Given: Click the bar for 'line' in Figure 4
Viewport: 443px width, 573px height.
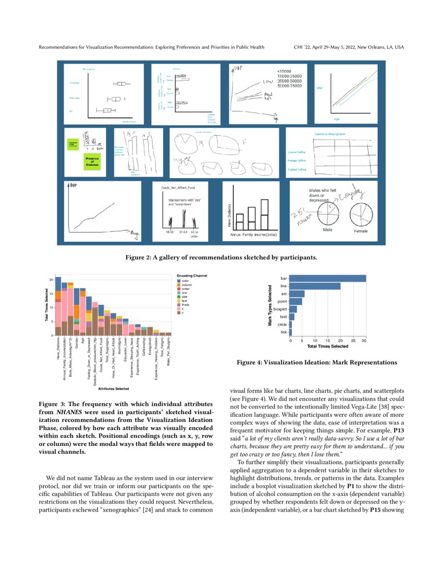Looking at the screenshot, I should point(315,286).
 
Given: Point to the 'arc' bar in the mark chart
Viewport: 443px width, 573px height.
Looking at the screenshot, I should point(297,294).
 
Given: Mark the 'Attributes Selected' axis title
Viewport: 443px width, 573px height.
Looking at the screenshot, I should point(111,389).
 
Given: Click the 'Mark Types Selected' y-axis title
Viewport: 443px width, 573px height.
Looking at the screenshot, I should point(269,305).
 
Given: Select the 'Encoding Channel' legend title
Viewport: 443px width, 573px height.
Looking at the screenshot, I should point(192,276).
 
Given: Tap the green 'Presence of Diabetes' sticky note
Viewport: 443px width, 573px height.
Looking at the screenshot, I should point(91,161).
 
